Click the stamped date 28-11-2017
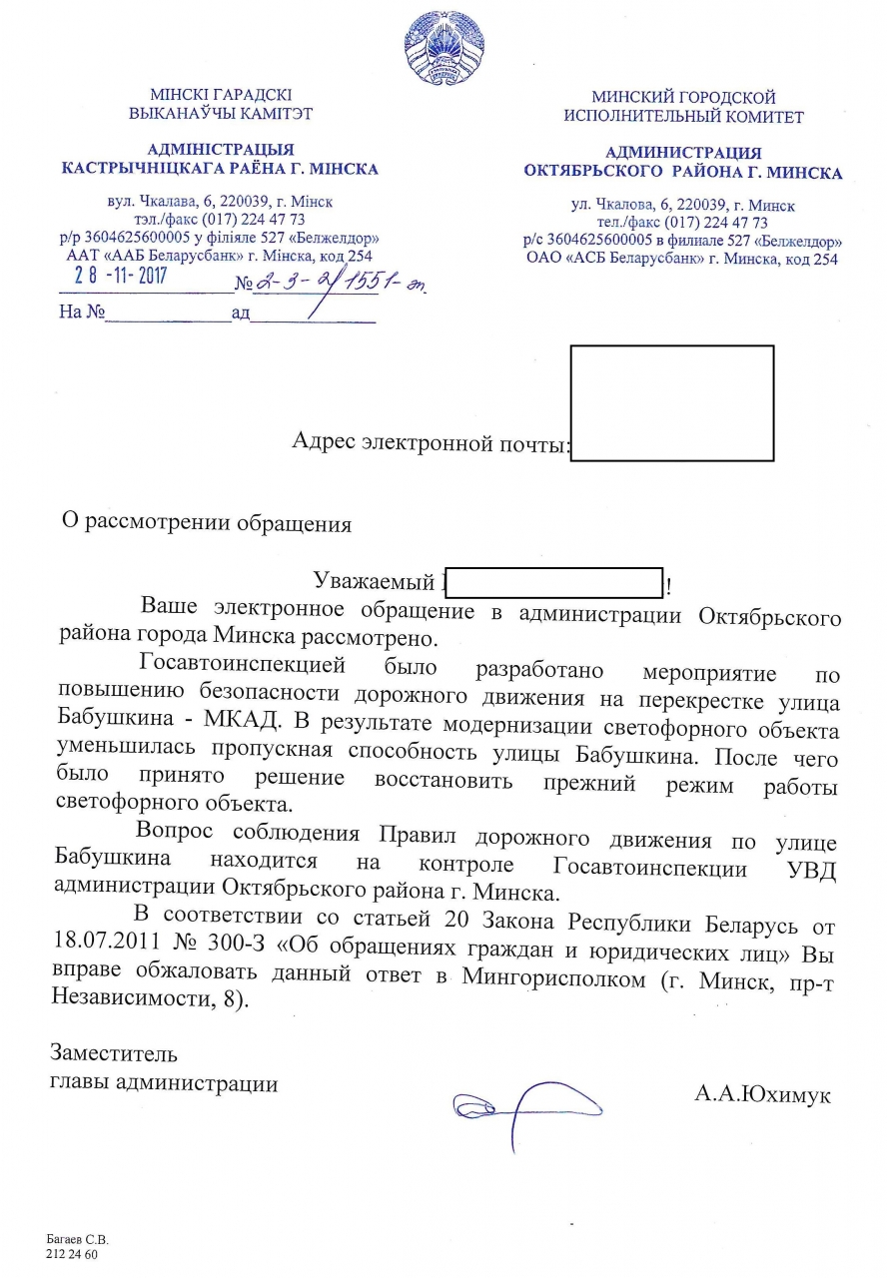(x=113, y=277)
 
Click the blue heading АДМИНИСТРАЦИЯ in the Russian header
(x=682, y=153)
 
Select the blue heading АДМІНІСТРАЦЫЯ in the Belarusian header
(x=220, y=149)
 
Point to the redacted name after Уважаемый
(x=553, y=582)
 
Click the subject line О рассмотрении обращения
(x=207, y=522)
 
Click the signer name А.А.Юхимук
(x=762, y=1093)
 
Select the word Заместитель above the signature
(x=114, y=1053)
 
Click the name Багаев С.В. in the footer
(x=77, y=1239)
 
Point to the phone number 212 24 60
(x=69, y=1254)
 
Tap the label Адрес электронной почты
(x=430, y=441)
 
